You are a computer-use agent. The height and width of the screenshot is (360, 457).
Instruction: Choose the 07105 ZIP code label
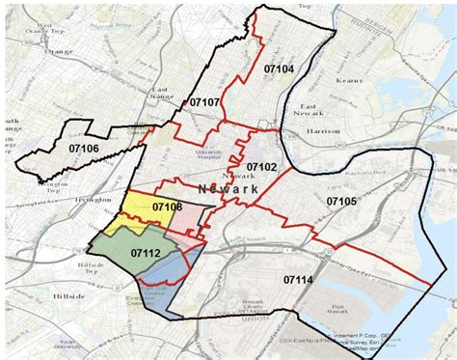342,201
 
